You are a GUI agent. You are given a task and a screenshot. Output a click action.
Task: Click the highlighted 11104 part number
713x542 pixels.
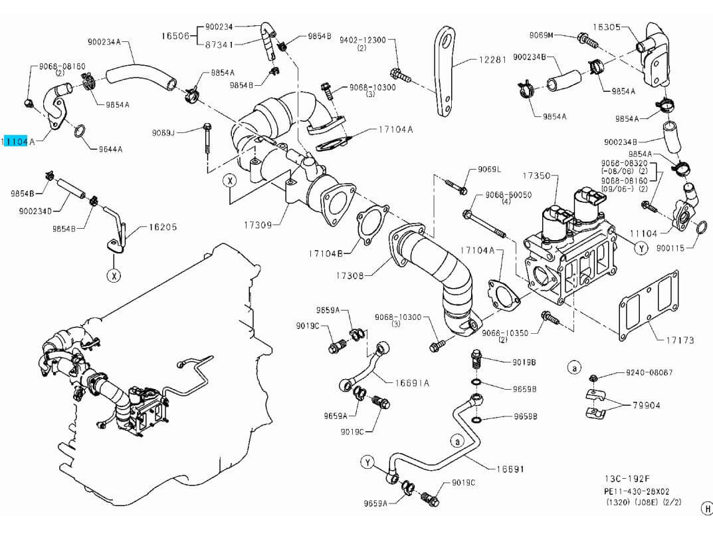coord(15,141)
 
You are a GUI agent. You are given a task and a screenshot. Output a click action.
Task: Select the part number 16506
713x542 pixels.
coord(175,35)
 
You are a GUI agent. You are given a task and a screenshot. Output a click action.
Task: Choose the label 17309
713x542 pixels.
coord(257,225)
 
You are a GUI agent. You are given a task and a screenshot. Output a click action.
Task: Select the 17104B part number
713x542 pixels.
coord(326,253)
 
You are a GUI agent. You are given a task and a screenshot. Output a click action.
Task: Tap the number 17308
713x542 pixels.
coord(350,275)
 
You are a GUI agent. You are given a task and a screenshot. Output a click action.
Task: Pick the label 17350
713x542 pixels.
coord(536,176)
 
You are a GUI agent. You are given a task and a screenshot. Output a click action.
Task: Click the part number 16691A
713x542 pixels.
coord(412,382)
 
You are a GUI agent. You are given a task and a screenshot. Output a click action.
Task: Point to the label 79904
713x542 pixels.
coord(646,404)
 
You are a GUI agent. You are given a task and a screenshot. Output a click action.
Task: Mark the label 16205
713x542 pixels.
coord(162,227)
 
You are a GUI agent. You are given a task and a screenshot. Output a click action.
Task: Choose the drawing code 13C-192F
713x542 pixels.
coord(627,479)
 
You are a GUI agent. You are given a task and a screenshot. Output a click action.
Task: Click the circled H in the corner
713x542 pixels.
coord(706,509)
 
